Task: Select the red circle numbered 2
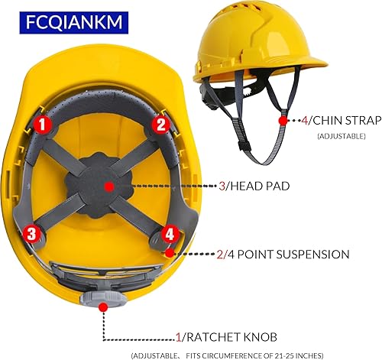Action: (x=160, y=122)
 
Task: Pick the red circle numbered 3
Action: (x=32, y=233)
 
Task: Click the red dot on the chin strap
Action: (x=283, y=121)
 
